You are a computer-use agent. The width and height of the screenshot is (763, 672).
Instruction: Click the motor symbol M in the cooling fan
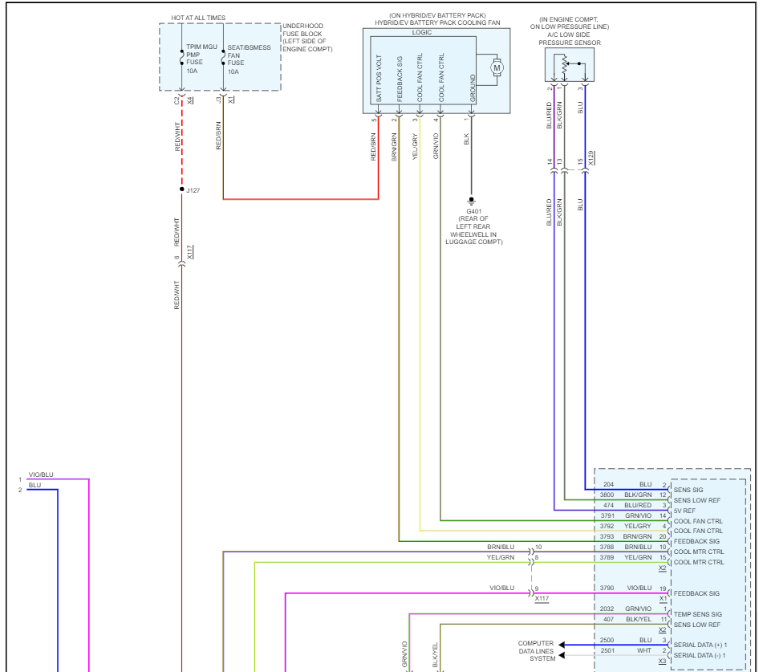[496, 68]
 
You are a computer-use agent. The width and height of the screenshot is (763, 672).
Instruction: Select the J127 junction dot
[182, 189]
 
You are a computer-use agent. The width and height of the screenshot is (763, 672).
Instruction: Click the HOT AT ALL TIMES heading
[198, 17]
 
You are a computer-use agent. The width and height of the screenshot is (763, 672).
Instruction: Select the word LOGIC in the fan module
[421, 33]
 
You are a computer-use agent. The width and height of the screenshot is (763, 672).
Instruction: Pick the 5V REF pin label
[685, 511]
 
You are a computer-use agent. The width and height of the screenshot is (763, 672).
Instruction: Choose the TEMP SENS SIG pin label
[698, 614]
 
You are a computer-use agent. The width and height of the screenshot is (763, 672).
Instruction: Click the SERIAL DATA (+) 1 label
[700, 645]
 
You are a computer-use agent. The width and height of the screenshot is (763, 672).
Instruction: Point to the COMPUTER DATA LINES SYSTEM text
[536, 651]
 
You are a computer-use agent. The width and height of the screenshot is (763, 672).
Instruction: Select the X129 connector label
[591, 158]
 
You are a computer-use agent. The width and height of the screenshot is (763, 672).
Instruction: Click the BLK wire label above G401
[466, 139]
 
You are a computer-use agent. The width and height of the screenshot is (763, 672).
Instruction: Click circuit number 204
[609, 485]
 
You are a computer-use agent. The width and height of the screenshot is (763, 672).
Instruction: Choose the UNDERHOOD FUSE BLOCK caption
[308, 38]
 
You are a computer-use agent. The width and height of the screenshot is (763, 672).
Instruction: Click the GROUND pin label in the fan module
[473, 88]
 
